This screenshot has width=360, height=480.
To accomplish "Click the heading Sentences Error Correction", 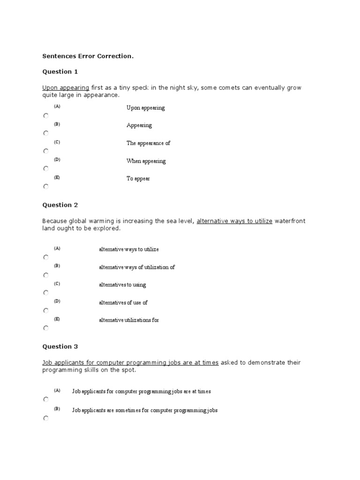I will [88, 56].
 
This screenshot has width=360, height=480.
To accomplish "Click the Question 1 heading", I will [60, 72].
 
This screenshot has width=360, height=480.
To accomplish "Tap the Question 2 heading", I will [60, 205].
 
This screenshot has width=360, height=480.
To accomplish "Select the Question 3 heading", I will [60, 347].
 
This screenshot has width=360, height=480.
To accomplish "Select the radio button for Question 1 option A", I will [45, 115].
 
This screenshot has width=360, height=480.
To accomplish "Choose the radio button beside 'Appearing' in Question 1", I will [45, 133].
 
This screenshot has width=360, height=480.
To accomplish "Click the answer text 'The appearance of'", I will [148, 143].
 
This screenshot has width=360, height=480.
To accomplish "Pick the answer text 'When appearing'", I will [146, 161].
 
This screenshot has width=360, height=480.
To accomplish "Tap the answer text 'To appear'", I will [138, 179].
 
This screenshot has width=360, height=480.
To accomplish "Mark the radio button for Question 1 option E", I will [45, 187].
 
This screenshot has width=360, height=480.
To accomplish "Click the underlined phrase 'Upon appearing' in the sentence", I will [66, 87].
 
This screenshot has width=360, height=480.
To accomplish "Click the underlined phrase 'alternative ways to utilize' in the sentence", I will [234, 221].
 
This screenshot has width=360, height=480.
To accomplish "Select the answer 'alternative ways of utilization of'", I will [137, 267].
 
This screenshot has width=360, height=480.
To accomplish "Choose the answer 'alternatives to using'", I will [122, 285].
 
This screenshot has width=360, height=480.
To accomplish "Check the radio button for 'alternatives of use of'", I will [45, 310].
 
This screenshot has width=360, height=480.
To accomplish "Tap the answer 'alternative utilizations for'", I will [129, 321].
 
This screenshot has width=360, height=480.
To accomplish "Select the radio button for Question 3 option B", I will [45, 418].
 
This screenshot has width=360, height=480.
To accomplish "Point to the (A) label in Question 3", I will [57, 390].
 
